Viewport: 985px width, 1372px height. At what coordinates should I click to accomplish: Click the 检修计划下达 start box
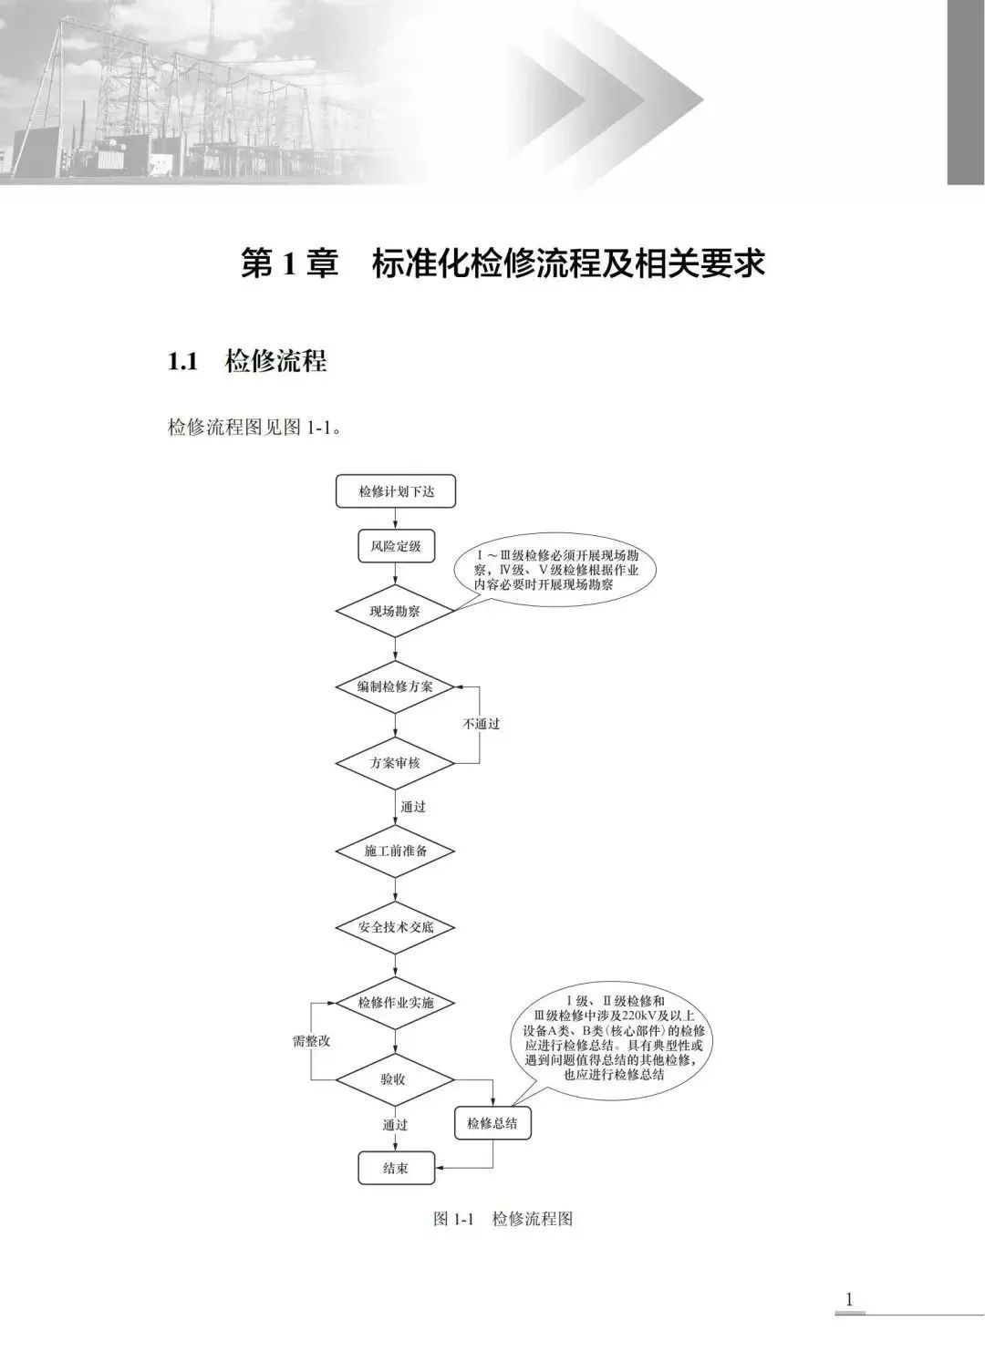point(395,492)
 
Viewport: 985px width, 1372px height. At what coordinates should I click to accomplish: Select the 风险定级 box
point(395,547)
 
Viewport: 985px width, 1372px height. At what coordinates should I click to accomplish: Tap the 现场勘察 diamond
point(395,612)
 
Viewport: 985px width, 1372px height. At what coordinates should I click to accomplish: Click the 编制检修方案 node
point(395,686)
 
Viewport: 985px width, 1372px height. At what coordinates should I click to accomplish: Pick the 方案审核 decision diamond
point(395,762)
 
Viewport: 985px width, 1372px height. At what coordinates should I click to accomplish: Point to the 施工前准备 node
point(395,851)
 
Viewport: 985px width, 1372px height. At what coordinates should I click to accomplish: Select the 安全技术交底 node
point(395,927)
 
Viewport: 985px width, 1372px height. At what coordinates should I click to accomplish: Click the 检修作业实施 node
point(395,1003)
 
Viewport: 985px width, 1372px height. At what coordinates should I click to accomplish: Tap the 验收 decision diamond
point(395,1079)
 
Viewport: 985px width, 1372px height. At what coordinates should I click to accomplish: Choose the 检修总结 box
point(493,1123)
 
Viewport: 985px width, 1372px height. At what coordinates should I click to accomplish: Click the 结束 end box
point(395,1168)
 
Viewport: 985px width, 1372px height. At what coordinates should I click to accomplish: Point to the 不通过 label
point(481,724)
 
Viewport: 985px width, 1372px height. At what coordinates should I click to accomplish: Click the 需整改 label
point(311,1041)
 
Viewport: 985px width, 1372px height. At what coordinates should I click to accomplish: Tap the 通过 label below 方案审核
point(413,807)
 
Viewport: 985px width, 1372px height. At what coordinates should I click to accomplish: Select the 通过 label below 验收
point(395,1125)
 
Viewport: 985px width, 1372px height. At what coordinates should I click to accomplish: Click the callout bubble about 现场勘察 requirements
point(557,572)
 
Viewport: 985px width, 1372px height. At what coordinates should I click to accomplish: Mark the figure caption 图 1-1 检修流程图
point(503,1219)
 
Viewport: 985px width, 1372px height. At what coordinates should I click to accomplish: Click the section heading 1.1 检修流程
point(247,361)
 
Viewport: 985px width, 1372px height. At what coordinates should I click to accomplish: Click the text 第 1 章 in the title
point(289,264)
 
